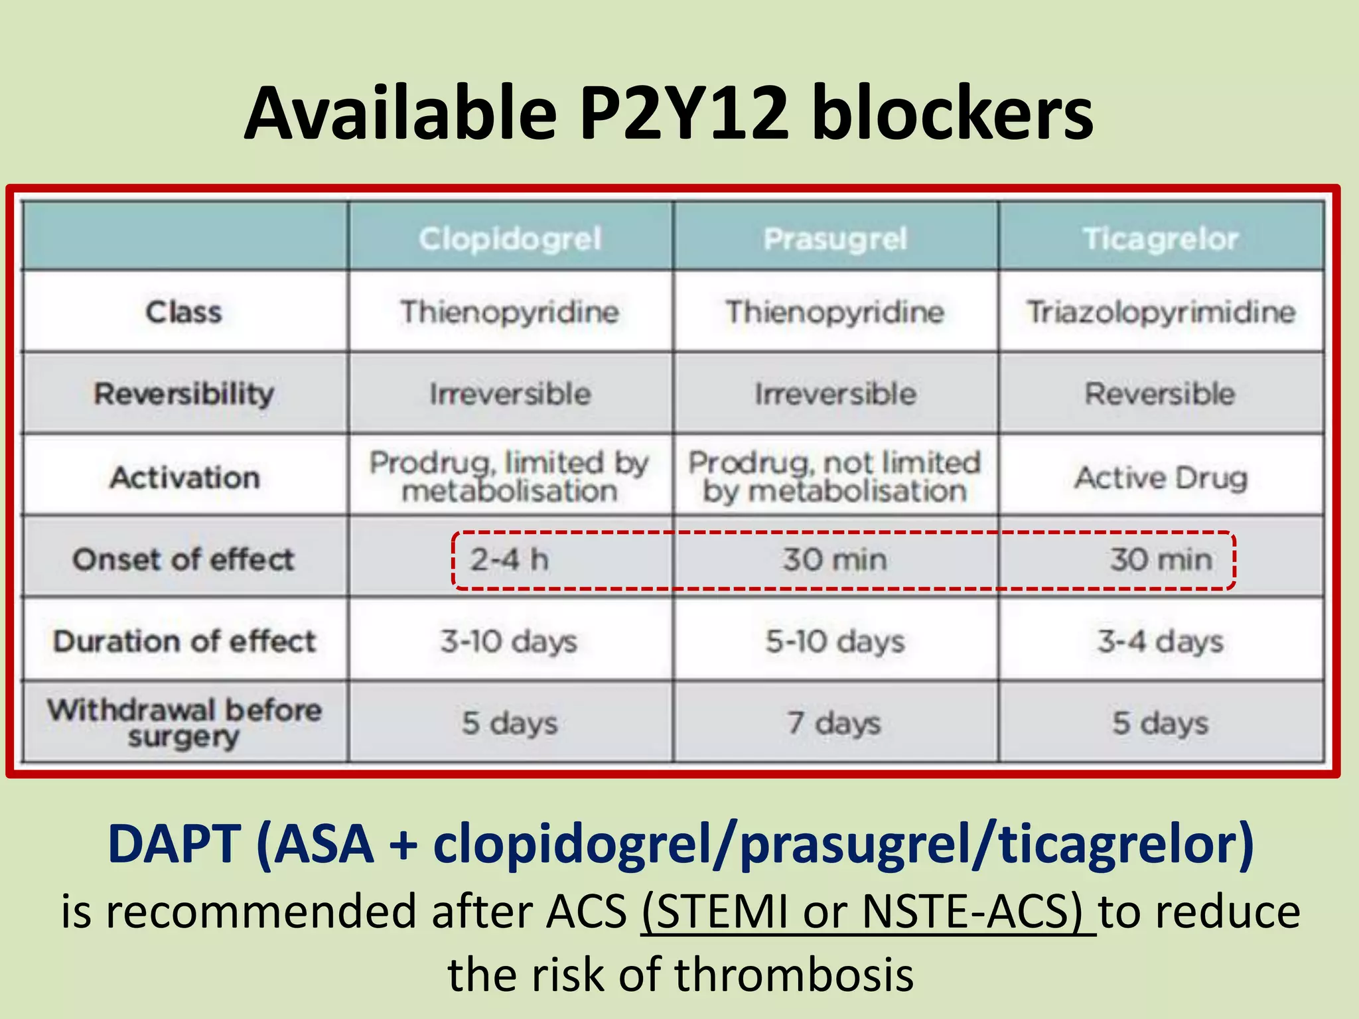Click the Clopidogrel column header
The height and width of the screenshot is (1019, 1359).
pyautogui.click(x=510, y=239)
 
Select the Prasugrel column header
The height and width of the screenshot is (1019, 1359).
pyautogui.click(x=835, y=239)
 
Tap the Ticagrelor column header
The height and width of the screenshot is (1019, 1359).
pyautogui.click(x=1161, y=239)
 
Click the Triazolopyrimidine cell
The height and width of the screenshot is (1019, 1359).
pyautogui.click(x=1161, y=312)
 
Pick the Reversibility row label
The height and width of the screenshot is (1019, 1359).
pyautogui.click(x=184, y=393)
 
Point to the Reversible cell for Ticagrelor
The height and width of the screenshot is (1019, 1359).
pyautogui.click(x=1160, y=393)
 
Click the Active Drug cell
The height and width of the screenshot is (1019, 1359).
pyautogui.click(x=1161, y=477)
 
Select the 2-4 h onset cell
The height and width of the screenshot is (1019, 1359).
pyautogui.click(x=510, y=559)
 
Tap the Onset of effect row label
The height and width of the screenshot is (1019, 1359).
pyautogui.click(x=183, y=559)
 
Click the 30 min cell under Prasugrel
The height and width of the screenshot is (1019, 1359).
pyautogui.click(x=835, y=559)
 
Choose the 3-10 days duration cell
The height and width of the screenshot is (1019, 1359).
pyautogui.click(x=509, y=642)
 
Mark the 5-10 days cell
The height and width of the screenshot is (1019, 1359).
pyautogui.click(x=835, y=642)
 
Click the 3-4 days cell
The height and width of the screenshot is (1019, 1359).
pyautogui.click(x=1160, y=642)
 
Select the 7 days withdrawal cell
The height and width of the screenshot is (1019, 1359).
pyautogui.click(x=834, y=722)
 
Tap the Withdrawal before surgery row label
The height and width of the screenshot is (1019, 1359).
pyautogui.click(x=184, y=722)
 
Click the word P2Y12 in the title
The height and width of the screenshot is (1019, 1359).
pyautogui.click(x=683, y=114)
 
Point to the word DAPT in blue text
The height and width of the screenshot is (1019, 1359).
pyautogui.click(x=174, y=844)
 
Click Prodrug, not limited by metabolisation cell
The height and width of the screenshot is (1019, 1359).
pyautogui.click(x=835, y=477)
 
